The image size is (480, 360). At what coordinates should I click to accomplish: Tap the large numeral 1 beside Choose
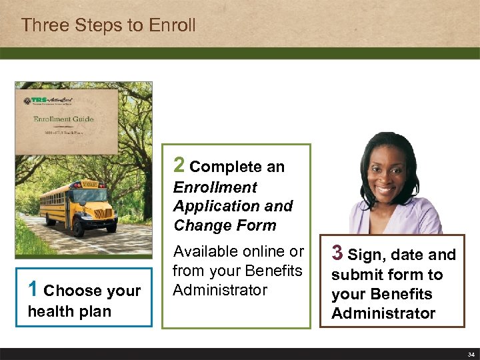click(x=33, y=289)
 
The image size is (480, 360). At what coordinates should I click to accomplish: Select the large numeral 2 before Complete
click(x=179, y=165)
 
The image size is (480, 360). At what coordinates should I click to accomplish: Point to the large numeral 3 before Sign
click(x=337, y=253)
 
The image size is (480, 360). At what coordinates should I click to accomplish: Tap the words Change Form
click(x=225, y=225)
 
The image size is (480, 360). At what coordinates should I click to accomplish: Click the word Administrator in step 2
click(x=220, y=290)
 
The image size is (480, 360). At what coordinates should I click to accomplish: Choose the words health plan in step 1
click(x=69, y=311)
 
